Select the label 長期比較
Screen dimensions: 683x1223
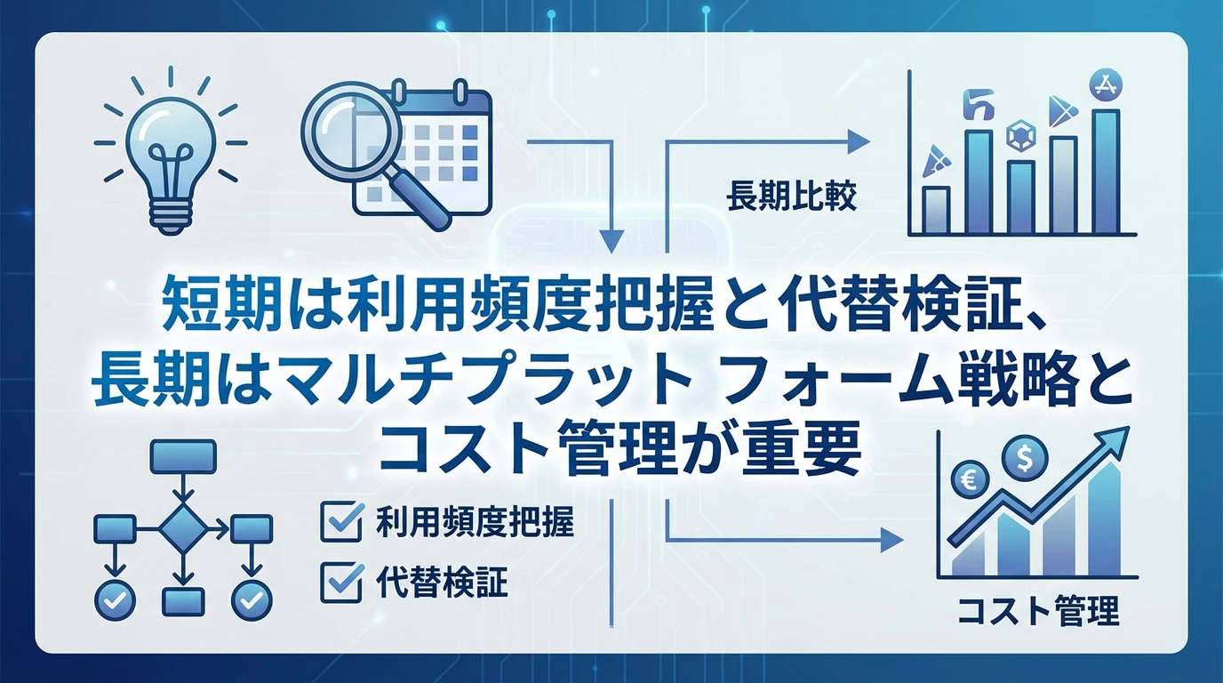coord(791,197)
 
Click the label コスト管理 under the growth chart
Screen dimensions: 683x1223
coord(1039,612)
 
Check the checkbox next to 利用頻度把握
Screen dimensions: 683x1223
coord(340,521)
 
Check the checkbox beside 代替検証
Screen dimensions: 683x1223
coord(340,583)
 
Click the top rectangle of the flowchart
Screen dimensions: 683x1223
coord(183,457)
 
